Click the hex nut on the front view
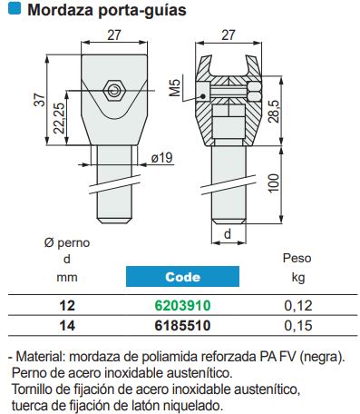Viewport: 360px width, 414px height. [114, 91]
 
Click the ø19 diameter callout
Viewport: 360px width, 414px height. [161, 158]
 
